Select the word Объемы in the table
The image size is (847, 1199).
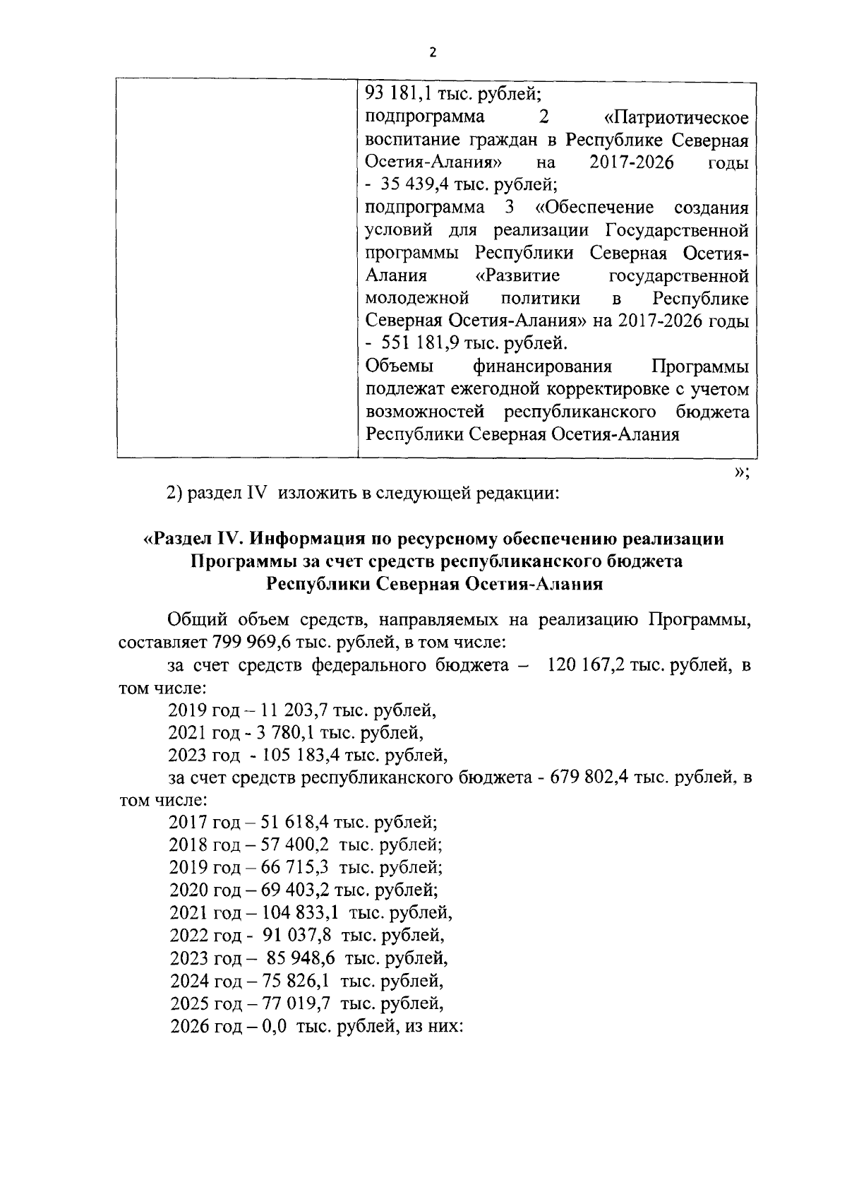tap(400, 366)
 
